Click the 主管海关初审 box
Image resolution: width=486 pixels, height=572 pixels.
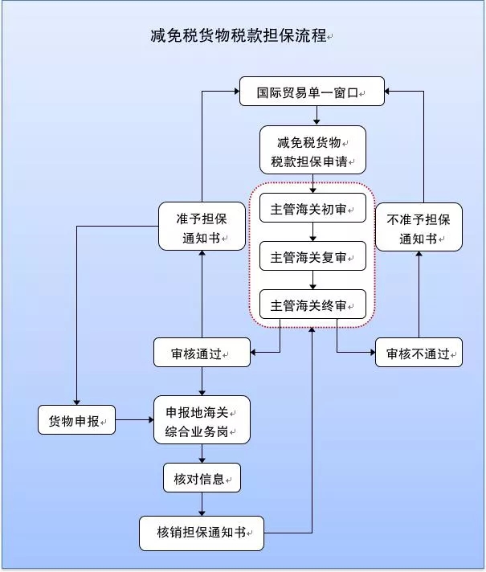click(x=312, y=210)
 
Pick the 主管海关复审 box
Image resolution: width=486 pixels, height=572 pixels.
click(x=312, y=257)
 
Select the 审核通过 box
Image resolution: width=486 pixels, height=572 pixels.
click(x=202, y=353)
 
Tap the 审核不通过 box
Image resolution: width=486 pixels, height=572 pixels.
click(x=419, y=353)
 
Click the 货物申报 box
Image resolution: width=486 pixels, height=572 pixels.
click(x=76, y=420)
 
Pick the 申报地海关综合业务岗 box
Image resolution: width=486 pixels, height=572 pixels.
click(x=202, y=420)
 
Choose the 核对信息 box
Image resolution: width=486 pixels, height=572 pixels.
click(x=202, y=479)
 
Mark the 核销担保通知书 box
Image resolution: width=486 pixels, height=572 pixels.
click(x=202, y=532)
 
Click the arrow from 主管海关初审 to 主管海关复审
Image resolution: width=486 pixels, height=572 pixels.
click(x=312, y=233)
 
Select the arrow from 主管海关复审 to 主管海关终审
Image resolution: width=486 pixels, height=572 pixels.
click(x=312, y=280)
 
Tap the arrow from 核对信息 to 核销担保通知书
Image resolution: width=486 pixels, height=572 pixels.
click(x=202, y=505)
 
